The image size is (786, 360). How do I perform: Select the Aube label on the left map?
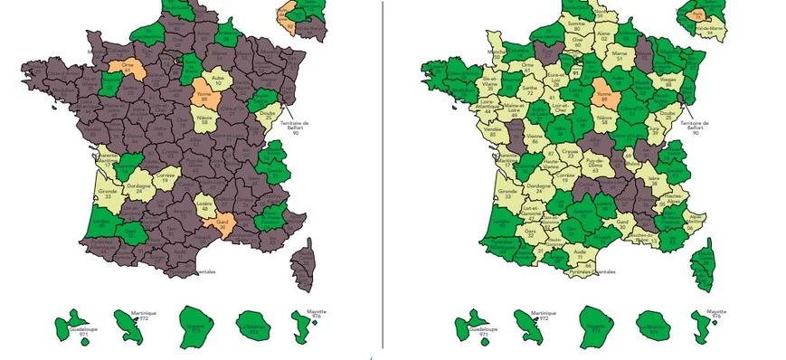tap(218, 80)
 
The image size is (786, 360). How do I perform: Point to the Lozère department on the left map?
tap(205, 207)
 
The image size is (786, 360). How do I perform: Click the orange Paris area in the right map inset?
tap(696, 14)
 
